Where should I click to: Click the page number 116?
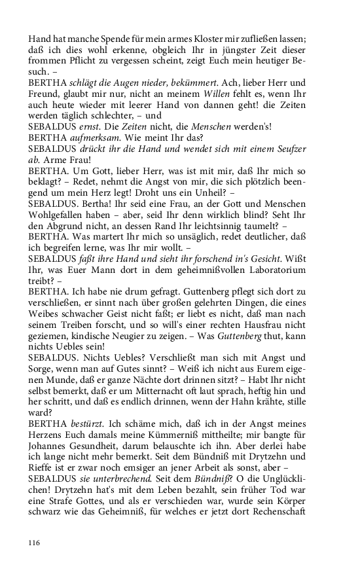coord(35,543)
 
